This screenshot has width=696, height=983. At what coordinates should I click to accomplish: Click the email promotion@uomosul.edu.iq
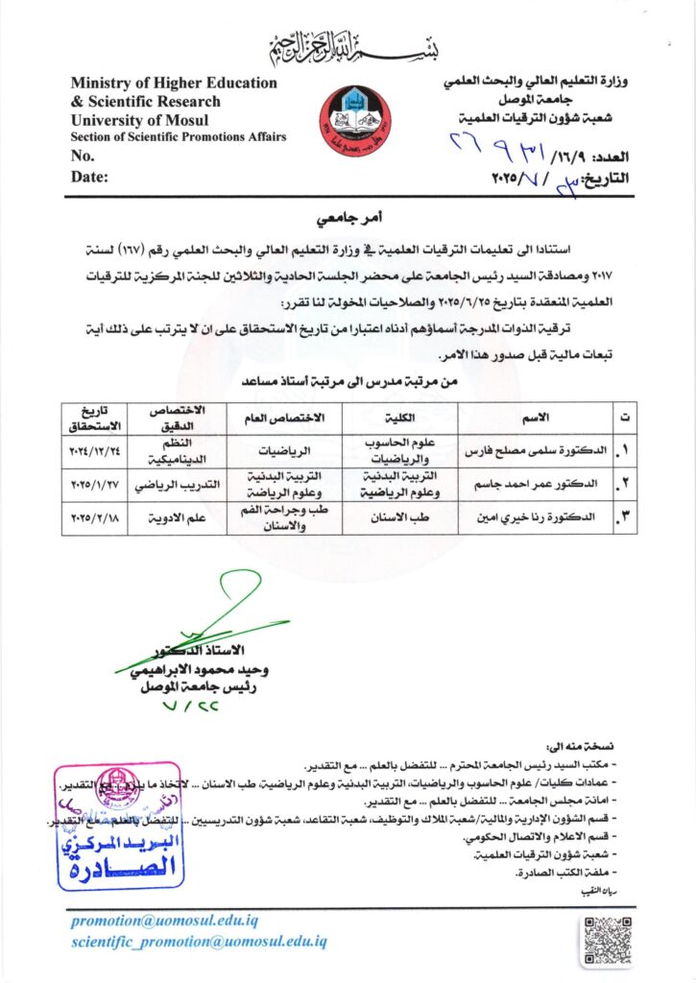click(163, 921)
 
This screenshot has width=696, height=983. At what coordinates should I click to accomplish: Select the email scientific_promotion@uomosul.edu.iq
click(199, 942)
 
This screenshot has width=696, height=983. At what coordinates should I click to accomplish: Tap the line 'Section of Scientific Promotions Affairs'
click(179, 137)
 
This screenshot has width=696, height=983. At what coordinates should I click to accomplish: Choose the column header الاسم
click(534, 418)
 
